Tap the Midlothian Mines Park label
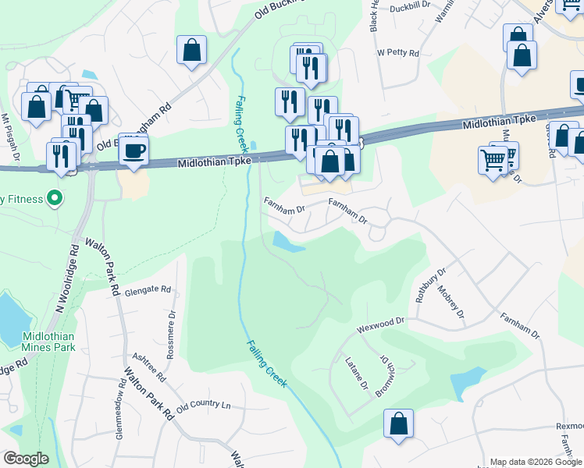tap(48, 340)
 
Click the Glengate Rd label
tap(147, 289)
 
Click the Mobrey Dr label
tap(452, 304)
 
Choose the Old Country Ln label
tap(205, 406)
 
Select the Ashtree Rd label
tap(149, 365)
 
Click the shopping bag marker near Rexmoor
tap(398, 424)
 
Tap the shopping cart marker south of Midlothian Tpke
tap(493, 160)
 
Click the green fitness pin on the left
tap(54, 198)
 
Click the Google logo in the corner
tap(26, 459)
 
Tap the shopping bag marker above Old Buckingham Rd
tap(191, 51)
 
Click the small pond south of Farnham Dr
tap(287, 244)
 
